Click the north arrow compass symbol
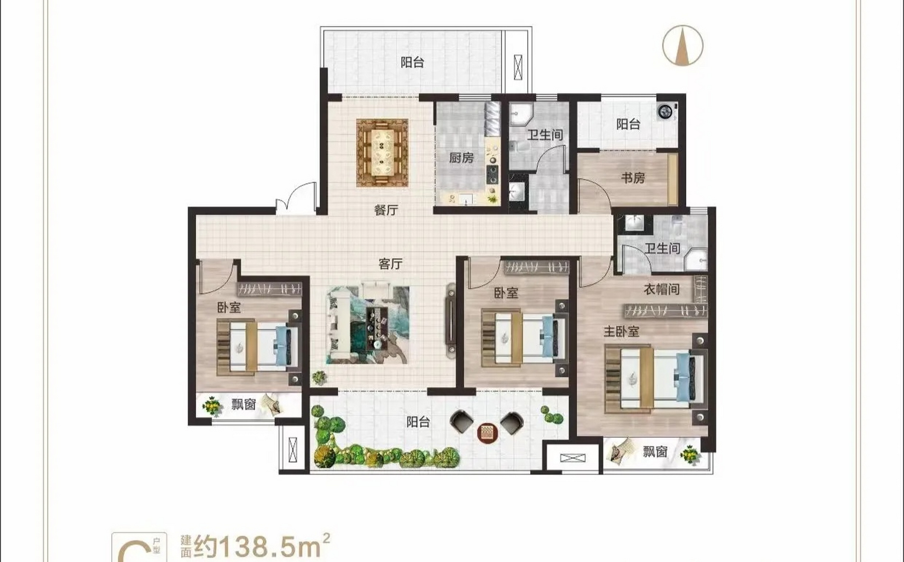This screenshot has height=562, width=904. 683,46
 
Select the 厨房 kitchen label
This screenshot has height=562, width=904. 461,158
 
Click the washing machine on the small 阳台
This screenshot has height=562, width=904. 665,112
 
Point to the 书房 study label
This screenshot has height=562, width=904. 633,178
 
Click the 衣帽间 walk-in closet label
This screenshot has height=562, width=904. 662,289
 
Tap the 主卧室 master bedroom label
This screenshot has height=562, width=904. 621,331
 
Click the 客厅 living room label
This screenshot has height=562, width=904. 390,264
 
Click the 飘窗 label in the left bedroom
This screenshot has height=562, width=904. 243,404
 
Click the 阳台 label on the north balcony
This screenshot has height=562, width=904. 412,63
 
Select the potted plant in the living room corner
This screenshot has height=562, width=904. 319,377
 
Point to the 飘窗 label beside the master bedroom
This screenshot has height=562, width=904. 655,452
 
